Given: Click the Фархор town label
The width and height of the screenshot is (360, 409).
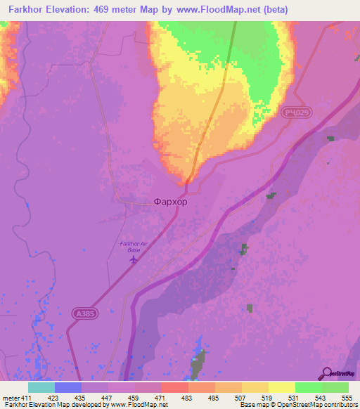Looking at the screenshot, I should tap(170, 202).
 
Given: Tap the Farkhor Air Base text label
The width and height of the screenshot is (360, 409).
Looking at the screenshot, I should tap(134, 247).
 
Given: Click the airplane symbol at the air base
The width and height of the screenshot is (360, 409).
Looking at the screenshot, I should tap(134, 259).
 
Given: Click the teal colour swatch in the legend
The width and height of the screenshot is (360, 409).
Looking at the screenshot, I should tap(41, 387).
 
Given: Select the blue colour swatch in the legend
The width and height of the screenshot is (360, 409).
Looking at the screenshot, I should tap(68, 387).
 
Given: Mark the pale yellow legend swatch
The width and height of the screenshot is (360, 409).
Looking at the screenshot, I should tap(281, 387).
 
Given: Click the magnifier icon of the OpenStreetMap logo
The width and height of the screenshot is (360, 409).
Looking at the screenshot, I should tap(326, 374).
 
